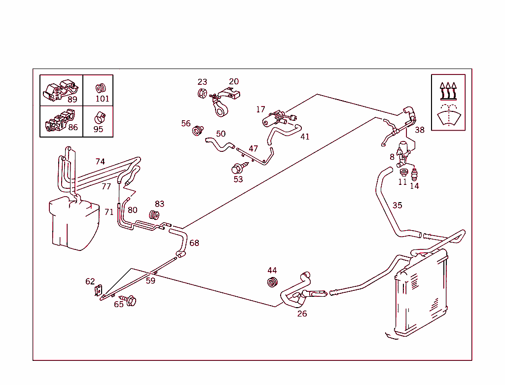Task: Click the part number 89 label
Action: point(72,99)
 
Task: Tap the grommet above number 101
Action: point(101,88)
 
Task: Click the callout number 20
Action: point(234,82)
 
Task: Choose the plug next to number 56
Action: point(198,131)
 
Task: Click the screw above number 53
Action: point(237,169)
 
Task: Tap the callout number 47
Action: point(253,149)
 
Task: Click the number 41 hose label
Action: point(305,137)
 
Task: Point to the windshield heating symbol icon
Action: point(448,103)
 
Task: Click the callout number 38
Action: point(419,130)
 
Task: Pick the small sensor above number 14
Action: point(414,174)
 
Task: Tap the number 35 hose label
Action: point(397,205)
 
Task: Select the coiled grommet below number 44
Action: point(272,282)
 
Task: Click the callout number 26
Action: point(302,314)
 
